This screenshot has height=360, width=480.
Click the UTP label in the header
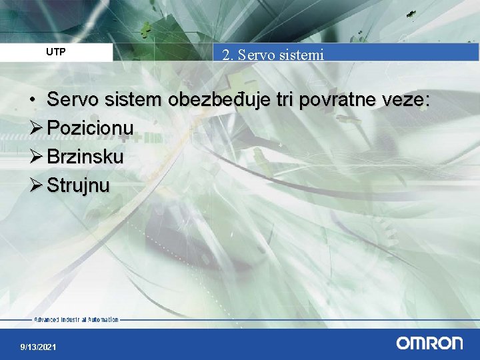tap(55, 51)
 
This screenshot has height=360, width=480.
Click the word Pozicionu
tap(91, 127)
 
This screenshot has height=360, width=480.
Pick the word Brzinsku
tap(85, 157)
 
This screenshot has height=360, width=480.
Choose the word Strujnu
tap(78, 185)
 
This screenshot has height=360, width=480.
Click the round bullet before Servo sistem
tap(32, 101)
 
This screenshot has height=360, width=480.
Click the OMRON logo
tap(429, 343)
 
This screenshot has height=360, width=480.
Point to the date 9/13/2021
tap(39, 347)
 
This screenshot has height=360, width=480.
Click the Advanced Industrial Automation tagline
tap(76, 319)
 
